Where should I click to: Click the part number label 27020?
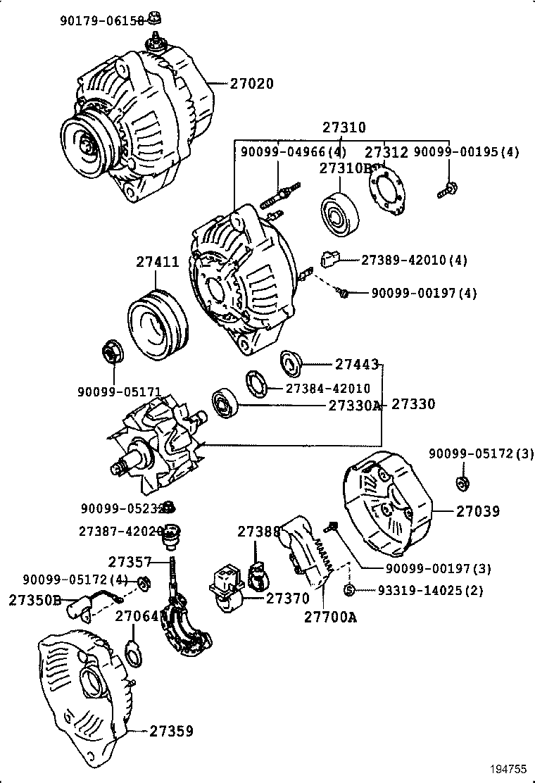click(251, 83)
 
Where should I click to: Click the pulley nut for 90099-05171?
click(112, 350)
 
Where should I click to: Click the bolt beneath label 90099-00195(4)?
click(446, 189)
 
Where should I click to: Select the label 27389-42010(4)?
click(414, 260)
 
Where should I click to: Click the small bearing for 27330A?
click(225, 402)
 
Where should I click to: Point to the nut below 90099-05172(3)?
click(463, 484)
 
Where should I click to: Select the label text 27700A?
click(331, 618)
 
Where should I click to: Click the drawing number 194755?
click(508, 770)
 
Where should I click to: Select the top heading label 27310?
click(344, 127)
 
